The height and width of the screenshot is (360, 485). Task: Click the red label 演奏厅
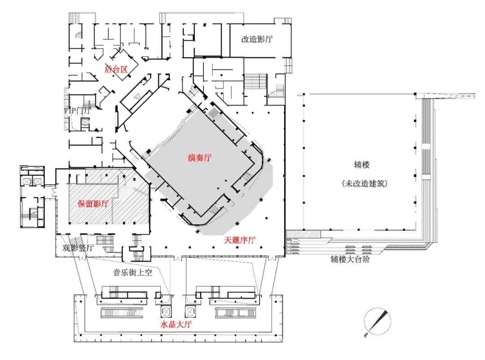[200, 158]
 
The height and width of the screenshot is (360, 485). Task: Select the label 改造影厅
[257, 39]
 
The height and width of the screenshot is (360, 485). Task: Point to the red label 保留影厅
[93, 203]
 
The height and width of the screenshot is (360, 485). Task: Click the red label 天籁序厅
[240, 241]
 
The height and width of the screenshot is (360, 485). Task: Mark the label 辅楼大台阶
[350, 259]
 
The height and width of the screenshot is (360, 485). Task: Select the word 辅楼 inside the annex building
[362, 165]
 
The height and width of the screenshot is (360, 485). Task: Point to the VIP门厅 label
[78, 110]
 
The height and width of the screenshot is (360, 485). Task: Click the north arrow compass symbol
[377, 322]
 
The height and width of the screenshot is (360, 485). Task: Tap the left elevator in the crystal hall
[163, 311]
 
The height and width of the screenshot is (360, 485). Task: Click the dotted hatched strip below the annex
[304, 234]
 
